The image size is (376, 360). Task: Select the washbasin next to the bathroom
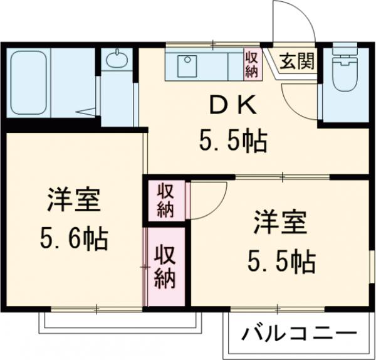[115, 60]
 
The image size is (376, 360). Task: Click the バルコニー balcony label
[300, 332]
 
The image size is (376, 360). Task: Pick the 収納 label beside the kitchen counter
[251, 65]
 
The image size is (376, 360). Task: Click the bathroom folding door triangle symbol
[87, 113]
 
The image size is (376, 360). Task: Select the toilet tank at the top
[343, 50]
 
